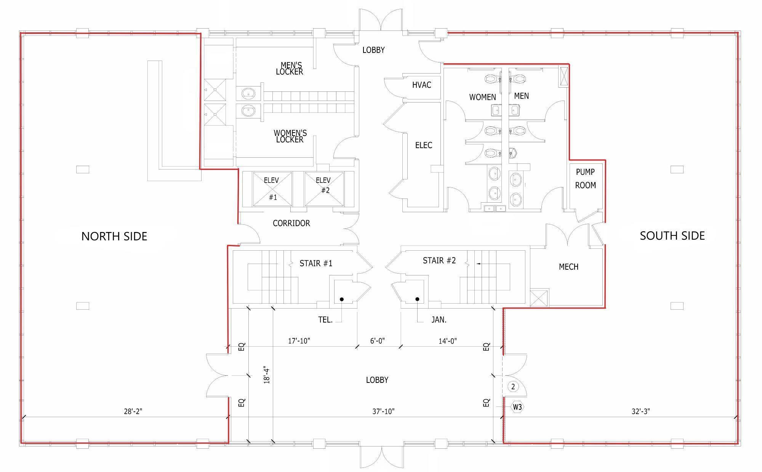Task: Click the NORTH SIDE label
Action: [x=114, y=236]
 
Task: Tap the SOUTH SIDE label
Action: [x=672, y=236]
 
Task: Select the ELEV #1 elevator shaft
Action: [x=272, y=189]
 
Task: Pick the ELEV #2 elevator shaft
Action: [x=324, y=189]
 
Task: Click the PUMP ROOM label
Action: [x=586, y=179]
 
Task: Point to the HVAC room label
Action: [x=422, y=85]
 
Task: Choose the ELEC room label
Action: [x=424, y=145]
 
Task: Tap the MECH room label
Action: [x=569, y=267]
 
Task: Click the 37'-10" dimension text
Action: [x=384, y=411]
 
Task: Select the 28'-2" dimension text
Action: [x=133, y=411]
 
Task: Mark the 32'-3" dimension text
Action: [x=641, y=411]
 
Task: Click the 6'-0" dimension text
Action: [x=378, y=341]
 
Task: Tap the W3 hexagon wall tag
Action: [x=517, y=407]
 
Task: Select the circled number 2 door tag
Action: [x=513, y=387]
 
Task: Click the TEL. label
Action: [x=325, y=320]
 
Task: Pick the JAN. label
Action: [x=439, y=320]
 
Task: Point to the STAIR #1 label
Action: [x=316, y=263]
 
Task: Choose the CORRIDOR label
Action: [x=291, y=223]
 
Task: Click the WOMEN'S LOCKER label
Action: [x=290, y=136]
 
